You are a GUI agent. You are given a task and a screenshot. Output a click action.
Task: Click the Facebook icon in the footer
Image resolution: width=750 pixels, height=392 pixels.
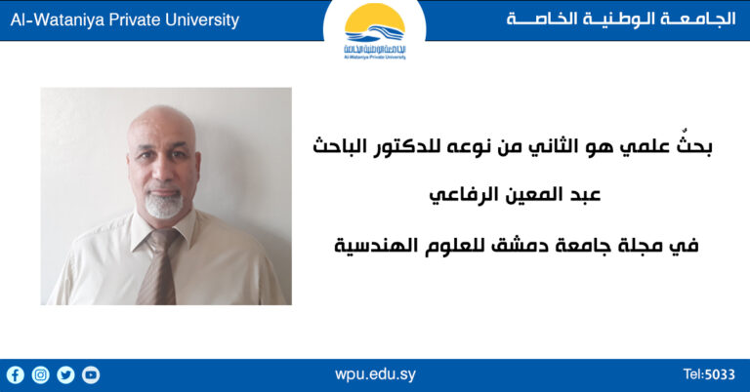pos(15,374)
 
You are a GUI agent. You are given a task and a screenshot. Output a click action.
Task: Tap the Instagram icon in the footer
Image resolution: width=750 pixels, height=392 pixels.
pos(40,374)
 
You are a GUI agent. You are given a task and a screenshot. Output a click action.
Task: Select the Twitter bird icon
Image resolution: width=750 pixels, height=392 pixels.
pos(65,374)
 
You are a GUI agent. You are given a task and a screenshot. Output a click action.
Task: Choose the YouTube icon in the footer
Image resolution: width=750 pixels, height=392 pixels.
pos(91,374)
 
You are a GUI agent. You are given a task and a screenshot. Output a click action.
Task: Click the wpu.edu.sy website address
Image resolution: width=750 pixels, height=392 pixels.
pos(375,374)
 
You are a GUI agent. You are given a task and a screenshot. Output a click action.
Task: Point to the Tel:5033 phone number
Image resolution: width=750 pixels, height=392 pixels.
pos(709,374)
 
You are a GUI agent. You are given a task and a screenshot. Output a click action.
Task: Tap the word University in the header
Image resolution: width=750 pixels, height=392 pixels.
pos(199,20)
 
